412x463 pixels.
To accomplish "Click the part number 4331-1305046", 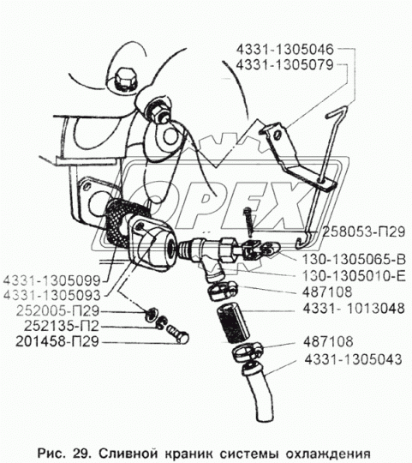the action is pyautogui.click(x=284, y=50).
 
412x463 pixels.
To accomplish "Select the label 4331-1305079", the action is pyautogui.click(x=284, y=65).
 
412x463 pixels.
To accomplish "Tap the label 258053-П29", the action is pyautogui.click(x=363, y=232).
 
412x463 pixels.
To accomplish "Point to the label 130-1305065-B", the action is pyautogui.click(x=354, y=260).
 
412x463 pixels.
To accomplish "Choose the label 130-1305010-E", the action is pyautogui.click(x=354, y=276).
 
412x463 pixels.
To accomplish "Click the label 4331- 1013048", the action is pyautogui.click(x=354, y=309).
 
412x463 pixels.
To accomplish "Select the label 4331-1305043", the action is pyautogui.click(x=353, y=359).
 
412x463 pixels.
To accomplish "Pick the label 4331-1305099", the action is pyautogui.click(x=52, y=280).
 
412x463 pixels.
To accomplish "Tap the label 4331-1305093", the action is pyautogui.click(x=52, y=296).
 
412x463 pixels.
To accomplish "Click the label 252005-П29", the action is pyautogui.click(x=57, y=311).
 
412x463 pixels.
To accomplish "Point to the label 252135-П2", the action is pyautogui.click(x=61, y=327).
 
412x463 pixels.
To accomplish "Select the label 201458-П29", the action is pyautogui.click(x=57, y=342).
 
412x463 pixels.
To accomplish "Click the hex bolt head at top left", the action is pyautogui.click(x=125, y=80).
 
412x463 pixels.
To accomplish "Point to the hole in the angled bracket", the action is pyautogui.click(x=278, y=135).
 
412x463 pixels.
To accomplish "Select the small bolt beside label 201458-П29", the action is pyautogui.click(x=177, y=334).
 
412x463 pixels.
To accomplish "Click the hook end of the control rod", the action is pyautogui.click(x=304, y=240).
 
